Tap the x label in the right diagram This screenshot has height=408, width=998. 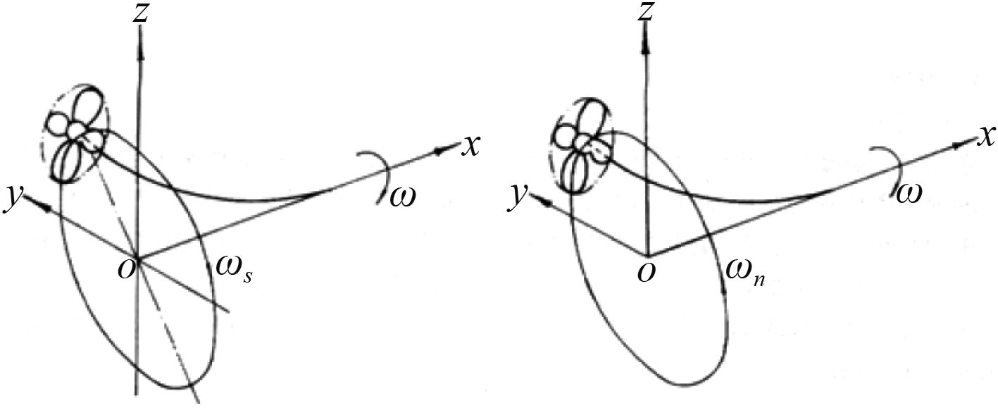985,136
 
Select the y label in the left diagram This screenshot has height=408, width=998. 12,198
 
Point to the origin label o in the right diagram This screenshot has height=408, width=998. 642,271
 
